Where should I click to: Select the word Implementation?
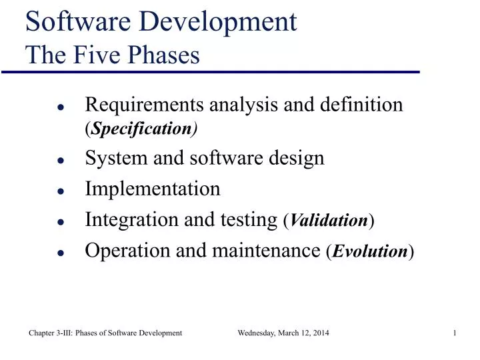click(x=153, y=189)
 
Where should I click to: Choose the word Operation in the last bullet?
click(x=121, y=251)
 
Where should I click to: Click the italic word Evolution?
click(x=370, y=252)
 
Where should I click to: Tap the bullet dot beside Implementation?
click(x=60, y=191)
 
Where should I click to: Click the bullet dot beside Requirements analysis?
click(x=60, y=107)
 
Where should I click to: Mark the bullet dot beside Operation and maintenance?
click(x=60, y=253)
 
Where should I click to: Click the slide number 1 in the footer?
click(x=454, y=332)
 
